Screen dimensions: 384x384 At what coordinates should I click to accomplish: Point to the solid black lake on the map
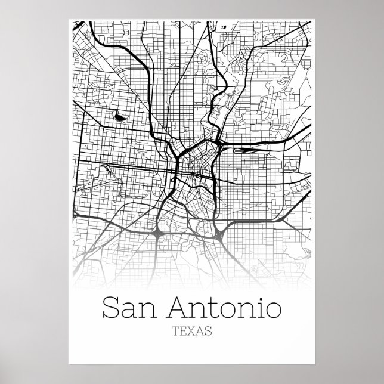coord(120,117)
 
